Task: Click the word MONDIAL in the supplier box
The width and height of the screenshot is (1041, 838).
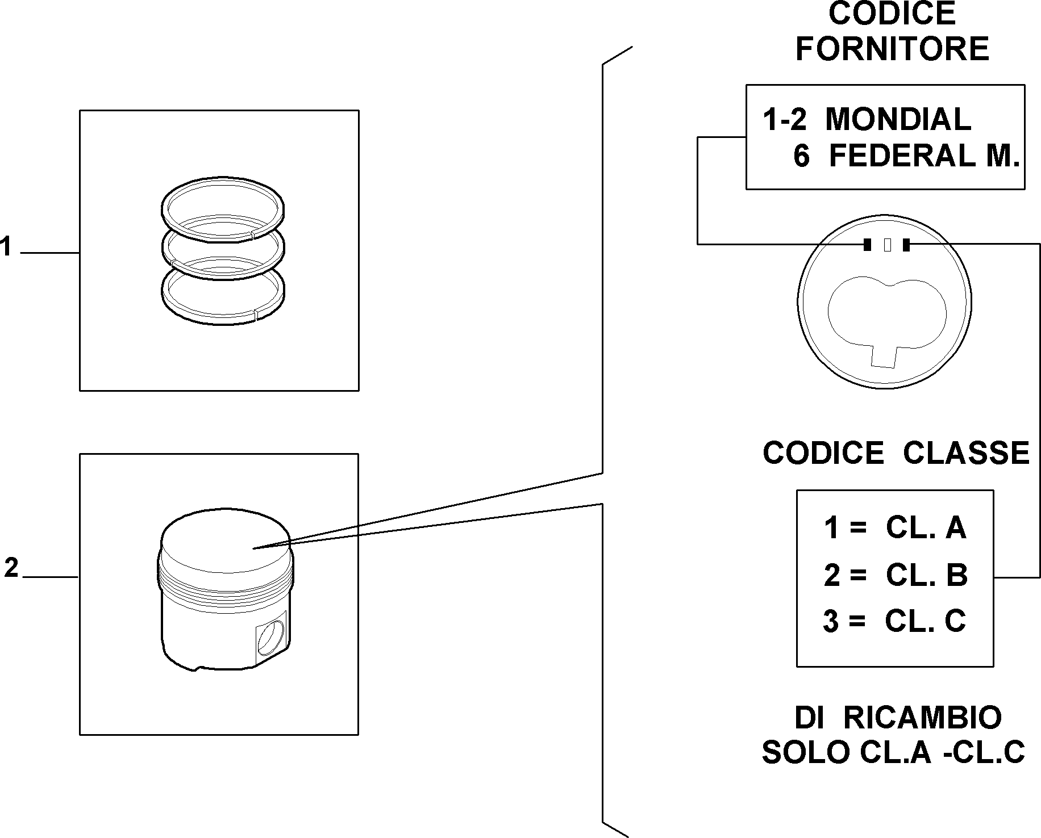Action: click(898, 120)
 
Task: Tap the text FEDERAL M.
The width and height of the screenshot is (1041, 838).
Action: click(925, 156)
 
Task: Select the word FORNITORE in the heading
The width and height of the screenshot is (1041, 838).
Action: click(892, 49)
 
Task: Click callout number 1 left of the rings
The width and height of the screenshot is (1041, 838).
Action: click(6, 247)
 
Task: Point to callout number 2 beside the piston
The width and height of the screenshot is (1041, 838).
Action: click(11, 568)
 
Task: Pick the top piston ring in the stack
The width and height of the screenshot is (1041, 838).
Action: click(223, 207)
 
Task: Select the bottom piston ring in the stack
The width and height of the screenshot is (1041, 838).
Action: click(223, 295)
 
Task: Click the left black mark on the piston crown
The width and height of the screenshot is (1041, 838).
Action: click(867, 245)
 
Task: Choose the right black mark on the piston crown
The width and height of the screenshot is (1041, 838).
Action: click(906, 245)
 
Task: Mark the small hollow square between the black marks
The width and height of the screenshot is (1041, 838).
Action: click(888, 245)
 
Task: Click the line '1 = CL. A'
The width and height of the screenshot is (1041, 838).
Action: click(895, 528)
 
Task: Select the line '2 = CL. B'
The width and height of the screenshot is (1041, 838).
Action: click(896, 575)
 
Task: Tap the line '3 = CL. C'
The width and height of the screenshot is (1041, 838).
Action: click(894, 621)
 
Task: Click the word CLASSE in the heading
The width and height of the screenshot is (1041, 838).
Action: click(967, 453)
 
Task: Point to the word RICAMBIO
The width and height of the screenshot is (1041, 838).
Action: click(922, 718)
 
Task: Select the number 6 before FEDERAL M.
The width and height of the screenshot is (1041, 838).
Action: click(801, 156)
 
